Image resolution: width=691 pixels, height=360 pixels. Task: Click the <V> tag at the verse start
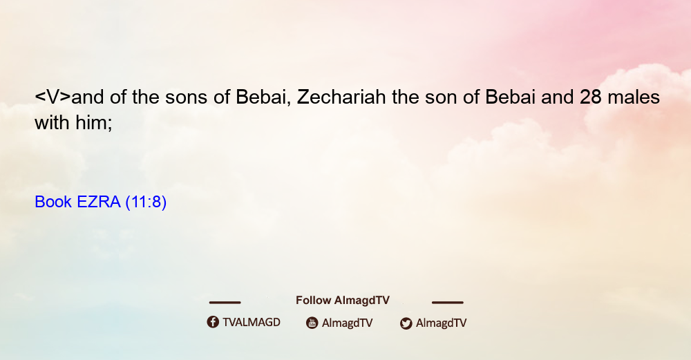click(x=53, y=97)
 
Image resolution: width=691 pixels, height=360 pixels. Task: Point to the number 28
click(x=591, y=97)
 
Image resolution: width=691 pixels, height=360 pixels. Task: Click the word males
click(x=634, y=97)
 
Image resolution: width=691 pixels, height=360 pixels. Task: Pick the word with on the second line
click(x=52, y=122)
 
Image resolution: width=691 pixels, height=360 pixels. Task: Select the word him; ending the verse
click(x=94, y=123)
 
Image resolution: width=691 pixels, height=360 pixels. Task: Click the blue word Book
click(x=53, y=202)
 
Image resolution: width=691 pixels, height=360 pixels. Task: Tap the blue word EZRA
click(x=98, y=202)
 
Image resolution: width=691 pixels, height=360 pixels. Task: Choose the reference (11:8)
click(x=146, y=202)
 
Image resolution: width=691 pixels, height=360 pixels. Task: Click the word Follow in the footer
click(x=313, y=300)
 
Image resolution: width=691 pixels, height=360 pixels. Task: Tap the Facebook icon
click(x=213, y=322)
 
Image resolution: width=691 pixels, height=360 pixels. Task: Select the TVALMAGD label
click(x=252, y=323)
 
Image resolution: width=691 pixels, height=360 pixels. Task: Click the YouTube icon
click(x=312, y=323)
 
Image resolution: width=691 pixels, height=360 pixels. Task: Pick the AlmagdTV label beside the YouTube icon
click(x=348, y=323)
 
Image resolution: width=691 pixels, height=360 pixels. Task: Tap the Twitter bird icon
click(x=406, y=323)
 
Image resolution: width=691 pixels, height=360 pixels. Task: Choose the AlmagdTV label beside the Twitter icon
click(x=441, y=323)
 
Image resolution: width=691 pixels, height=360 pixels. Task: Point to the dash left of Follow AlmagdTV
click(x=225, y=303)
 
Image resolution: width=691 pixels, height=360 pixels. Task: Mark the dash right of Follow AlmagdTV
click(x=448, y=303)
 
